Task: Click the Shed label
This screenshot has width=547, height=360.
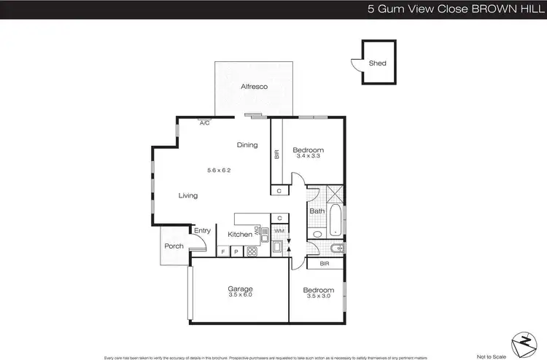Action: point(377,63)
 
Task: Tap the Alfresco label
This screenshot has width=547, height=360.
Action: point(254,87)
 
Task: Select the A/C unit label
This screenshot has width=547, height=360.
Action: point(205,123)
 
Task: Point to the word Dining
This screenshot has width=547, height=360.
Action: point(247,144)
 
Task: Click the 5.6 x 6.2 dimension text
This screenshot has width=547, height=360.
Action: point(218,171)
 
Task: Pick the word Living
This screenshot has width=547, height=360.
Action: point(188,195)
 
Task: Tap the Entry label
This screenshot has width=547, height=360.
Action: point(202,231)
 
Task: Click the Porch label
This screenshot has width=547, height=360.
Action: point(174,246)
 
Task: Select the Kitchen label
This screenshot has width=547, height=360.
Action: point(240,235)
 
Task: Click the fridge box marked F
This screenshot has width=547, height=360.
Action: point(223,252)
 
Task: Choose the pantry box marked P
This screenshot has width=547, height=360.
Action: point(236,252)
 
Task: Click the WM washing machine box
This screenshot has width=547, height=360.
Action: point(279,231)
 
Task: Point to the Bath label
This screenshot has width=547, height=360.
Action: point(317,211)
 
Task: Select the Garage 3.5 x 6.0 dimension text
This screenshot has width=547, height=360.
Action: point(240,295)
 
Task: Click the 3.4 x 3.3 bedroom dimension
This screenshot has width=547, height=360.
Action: point(309,156)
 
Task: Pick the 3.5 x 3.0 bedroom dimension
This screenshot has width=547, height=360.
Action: point(318,295)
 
